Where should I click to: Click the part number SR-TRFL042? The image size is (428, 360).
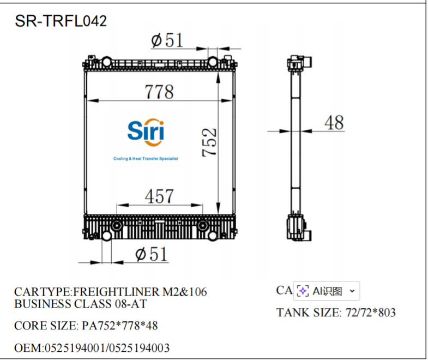(61, 21)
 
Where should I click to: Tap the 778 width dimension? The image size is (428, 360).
(159, 92)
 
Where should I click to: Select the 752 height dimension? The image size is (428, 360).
(209, 142)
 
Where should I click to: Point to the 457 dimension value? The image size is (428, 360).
(159, 196)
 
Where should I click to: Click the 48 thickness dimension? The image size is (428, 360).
(334, 123)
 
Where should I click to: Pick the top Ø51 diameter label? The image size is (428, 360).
(166, 40)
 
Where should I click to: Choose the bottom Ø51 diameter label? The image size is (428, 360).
(151, 254)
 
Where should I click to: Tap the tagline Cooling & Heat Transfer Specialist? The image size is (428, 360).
(146, 159)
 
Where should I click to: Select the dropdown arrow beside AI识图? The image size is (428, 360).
(352, 291)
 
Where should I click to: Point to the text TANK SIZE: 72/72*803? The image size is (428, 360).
(336, 313)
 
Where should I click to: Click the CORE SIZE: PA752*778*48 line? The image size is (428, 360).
(86, 326)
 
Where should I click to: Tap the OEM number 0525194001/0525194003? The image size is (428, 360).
(92, 348)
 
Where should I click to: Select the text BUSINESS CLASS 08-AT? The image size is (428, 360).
(80, 304)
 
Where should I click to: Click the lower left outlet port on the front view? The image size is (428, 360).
(106, 236)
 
